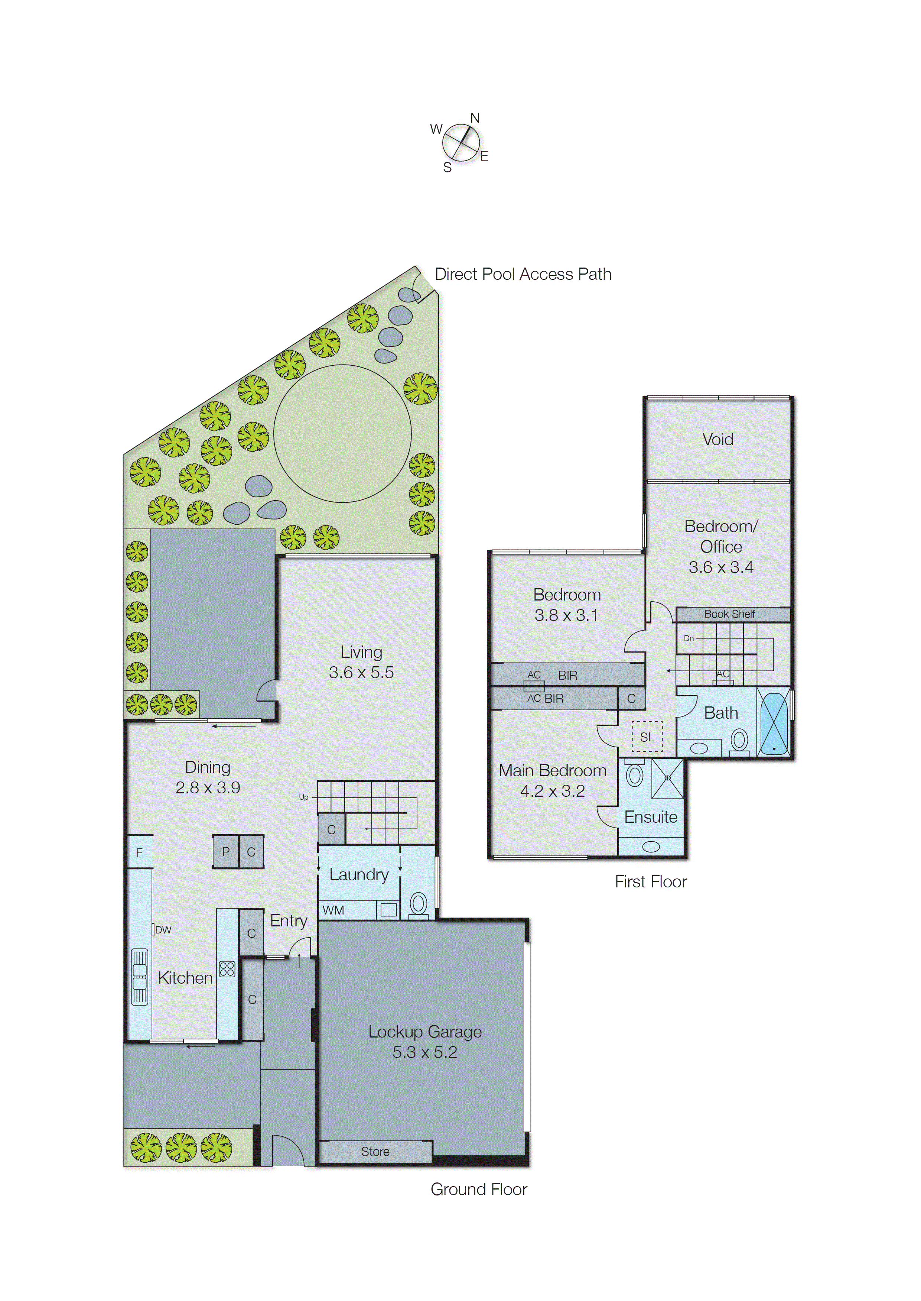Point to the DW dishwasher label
click(163, 929)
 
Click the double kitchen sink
click(140, 977)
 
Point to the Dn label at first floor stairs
click(689, 638)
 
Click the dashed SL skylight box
click(647, 737)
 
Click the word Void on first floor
click(717, 439)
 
